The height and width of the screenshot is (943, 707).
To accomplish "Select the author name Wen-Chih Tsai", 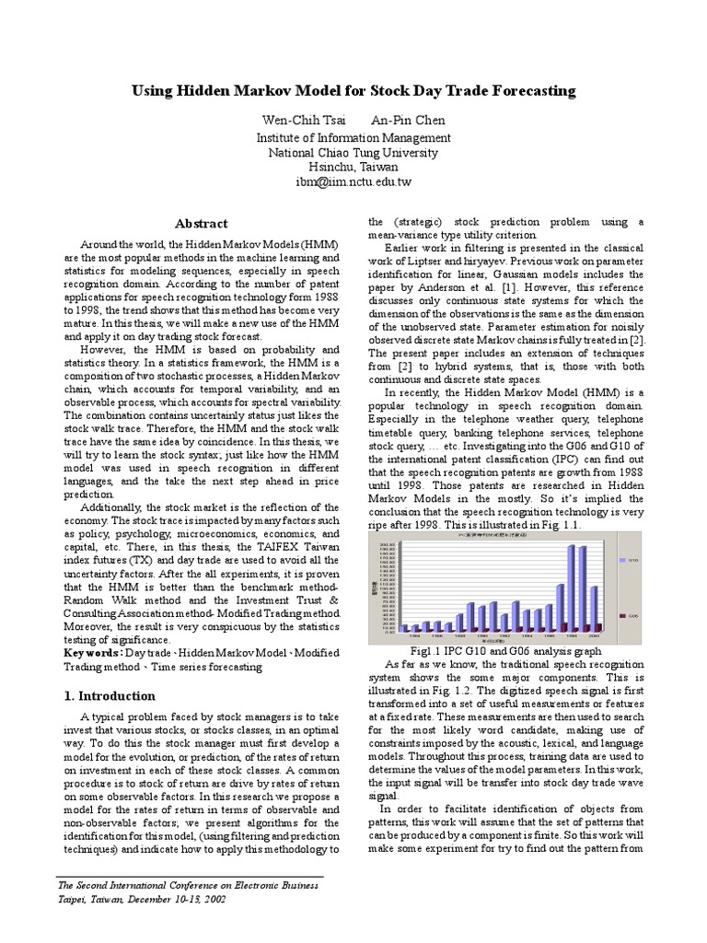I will point(301,121).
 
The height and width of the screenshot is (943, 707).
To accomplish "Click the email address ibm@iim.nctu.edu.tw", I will point(353,182).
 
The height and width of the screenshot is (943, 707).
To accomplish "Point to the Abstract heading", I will point(202,224).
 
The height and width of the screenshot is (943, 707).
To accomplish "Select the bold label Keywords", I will point(92,652).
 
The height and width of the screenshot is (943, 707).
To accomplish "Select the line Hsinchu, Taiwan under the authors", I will point(353,168).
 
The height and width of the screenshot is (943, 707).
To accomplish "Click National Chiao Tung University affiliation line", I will point(353,153).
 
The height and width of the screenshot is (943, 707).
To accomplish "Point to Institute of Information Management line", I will point(353,138).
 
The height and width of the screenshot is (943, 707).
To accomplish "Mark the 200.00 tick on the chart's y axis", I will point(388,544).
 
